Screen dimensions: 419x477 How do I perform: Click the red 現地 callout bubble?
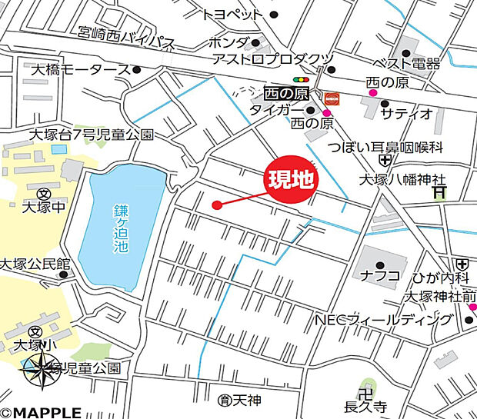click(291, 180)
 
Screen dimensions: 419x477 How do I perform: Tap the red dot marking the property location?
click(217, 205)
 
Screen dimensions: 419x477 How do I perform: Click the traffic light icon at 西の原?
click(300, 79)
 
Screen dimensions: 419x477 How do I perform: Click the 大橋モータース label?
click(80, 70)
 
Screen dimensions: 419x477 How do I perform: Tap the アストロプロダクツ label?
click(272, 59)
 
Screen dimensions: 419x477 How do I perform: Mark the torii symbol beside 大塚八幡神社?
click(439, 192)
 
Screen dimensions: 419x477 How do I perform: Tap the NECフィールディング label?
click(382, 319)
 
